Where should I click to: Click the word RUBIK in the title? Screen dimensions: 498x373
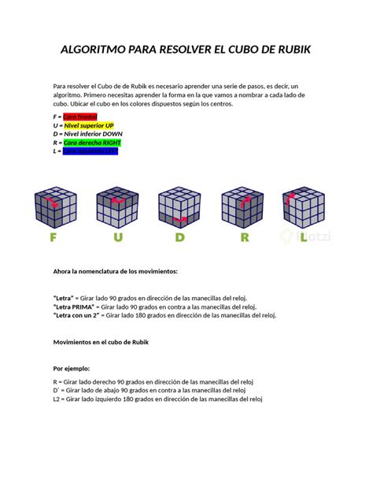click(286, 50)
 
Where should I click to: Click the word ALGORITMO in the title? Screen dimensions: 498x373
click(101, 50)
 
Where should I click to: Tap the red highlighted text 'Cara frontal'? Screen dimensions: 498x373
click(80, 116)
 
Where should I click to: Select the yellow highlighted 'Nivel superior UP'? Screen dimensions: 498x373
click(90, 124)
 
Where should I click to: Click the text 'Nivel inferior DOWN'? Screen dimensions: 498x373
click(94, 134)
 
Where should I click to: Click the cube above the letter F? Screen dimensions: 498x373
click(55, 207)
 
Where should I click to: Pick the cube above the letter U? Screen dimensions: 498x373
click(118, 207)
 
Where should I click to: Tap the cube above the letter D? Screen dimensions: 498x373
click(180, 207)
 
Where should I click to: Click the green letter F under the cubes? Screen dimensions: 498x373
click(53, 238)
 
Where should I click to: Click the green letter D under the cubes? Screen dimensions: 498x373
click(180, 238)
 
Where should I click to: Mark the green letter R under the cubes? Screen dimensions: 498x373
click(245, 238)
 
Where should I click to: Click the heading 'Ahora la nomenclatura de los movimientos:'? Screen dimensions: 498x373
click(115, 272)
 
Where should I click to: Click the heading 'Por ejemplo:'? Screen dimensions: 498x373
click(72, 368)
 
